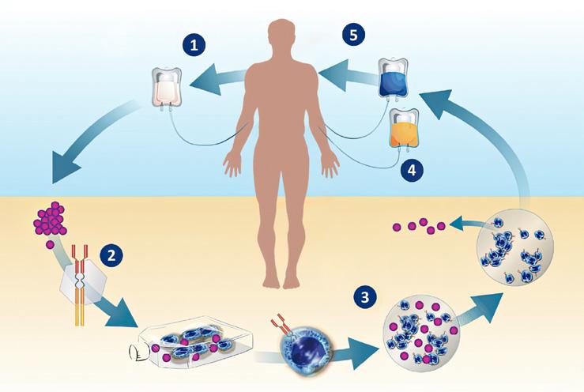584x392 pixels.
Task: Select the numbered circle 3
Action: coord(364,297)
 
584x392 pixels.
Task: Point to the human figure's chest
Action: coord(283,95)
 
